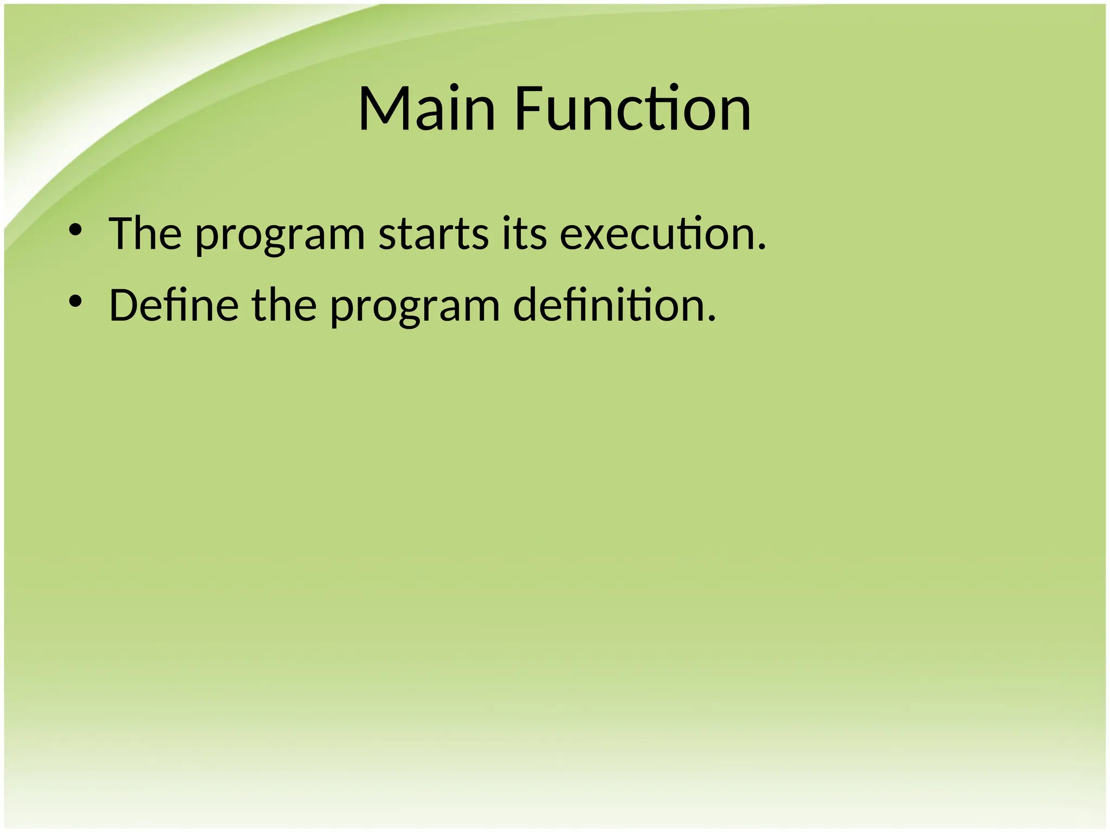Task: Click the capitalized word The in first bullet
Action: pos(145,234)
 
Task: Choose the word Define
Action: pos(173,305)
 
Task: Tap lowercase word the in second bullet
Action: pos(284,305)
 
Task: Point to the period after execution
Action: pos(762,248)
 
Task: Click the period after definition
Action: pos(712,319)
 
